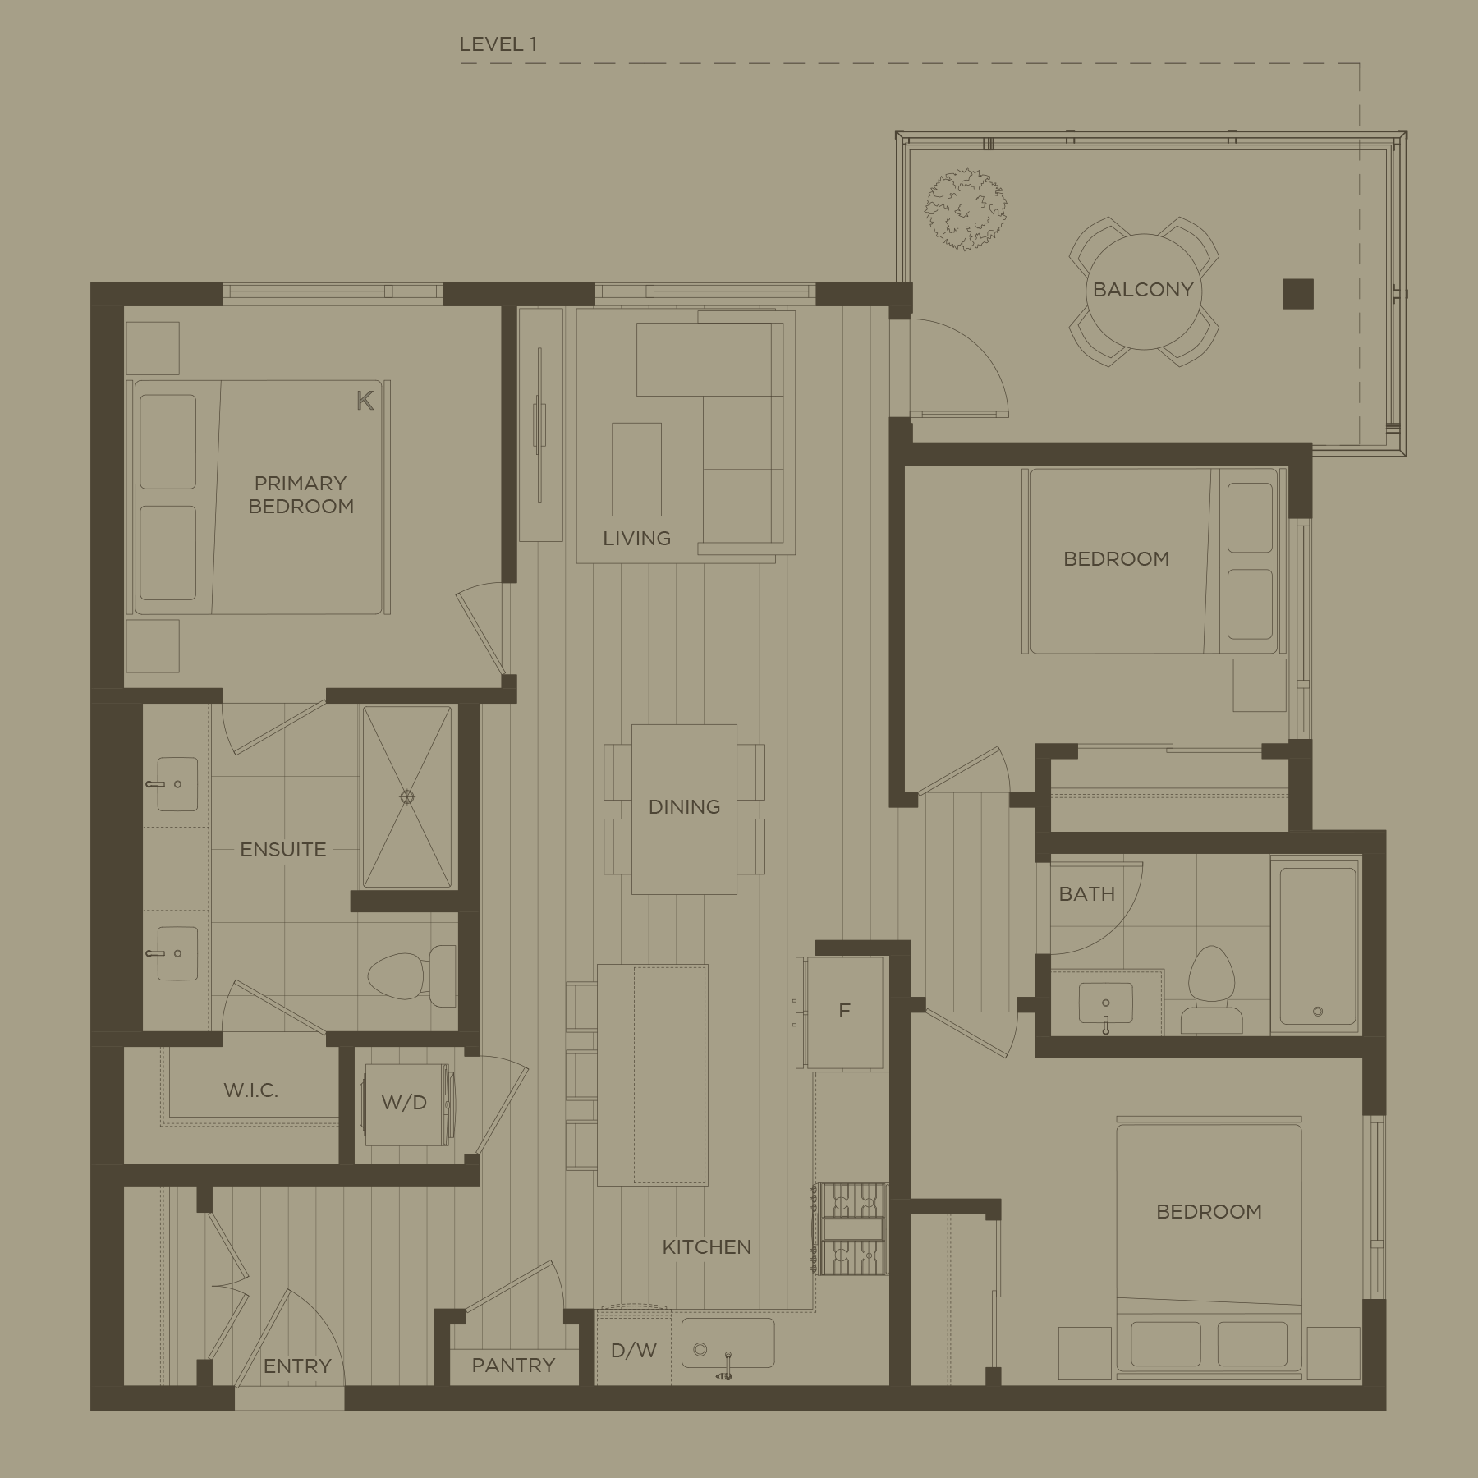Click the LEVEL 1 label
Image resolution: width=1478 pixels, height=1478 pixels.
[498, 44]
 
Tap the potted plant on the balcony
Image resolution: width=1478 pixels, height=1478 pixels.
[966, 209]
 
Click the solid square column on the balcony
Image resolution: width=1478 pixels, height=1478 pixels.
[1298, 294]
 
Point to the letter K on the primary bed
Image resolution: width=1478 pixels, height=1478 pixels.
[365, 401]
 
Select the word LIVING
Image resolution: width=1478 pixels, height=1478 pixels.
[636, 539]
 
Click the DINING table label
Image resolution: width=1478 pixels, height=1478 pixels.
[684, 807]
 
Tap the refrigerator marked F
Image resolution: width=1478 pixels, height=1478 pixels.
[843, 1012]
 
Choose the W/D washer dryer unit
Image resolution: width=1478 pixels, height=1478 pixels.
[406, 1104]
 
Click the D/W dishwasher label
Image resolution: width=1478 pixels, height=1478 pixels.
[633, 1350]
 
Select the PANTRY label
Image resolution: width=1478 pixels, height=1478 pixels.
[513, 1366]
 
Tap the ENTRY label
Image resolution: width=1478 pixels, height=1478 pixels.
[297, 1366]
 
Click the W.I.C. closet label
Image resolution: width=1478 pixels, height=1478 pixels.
[250, 1090]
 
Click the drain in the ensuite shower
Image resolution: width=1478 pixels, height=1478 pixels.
[406, 796]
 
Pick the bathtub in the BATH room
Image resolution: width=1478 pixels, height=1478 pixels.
[1316, 945]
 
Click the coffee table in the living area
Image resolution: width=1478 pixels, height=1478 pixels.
[636, 470]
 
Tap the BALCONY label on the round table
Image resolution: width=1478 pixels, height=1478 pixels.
[1142, 290]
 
